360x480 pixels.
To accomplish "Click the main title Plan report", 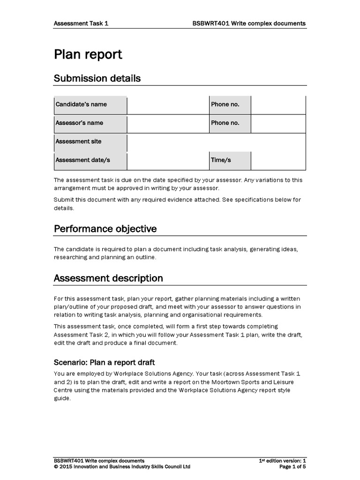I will click(x=88, y=54).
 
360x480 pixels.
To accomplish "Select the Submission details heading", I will click(x=97, y=78).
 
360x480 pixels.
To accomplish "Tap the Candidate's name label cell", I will click(x=90, y=105).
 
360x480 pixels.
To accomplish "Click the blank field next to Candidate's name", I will click(x=167, y=105).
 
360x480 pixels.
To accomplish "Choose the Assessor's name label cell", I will click(x=90, y=123).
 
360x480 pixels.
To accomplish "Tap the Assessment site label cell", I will click(x=90, y=142).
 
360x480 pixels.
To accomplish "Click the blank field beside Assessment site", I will click(x=216, y=142).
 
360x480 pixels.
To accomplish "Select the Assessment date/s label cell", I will click(x=90, y=160).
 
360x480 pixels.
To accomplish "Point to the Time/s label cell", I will click(x=230, y=160).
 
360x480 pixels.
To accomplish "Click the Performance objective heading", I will click(x=105, y=229).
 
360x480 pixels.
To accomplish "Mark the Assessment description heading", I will click(x=108, y=278).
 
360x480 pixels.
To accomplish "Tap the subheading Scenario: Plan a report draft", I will click(x=104, y=362).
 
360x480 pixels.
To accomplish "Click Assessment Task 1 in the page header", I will click(x=82, y=23).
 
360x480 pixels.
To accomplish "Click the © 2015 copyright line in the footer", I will click(x=122, y=467).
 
